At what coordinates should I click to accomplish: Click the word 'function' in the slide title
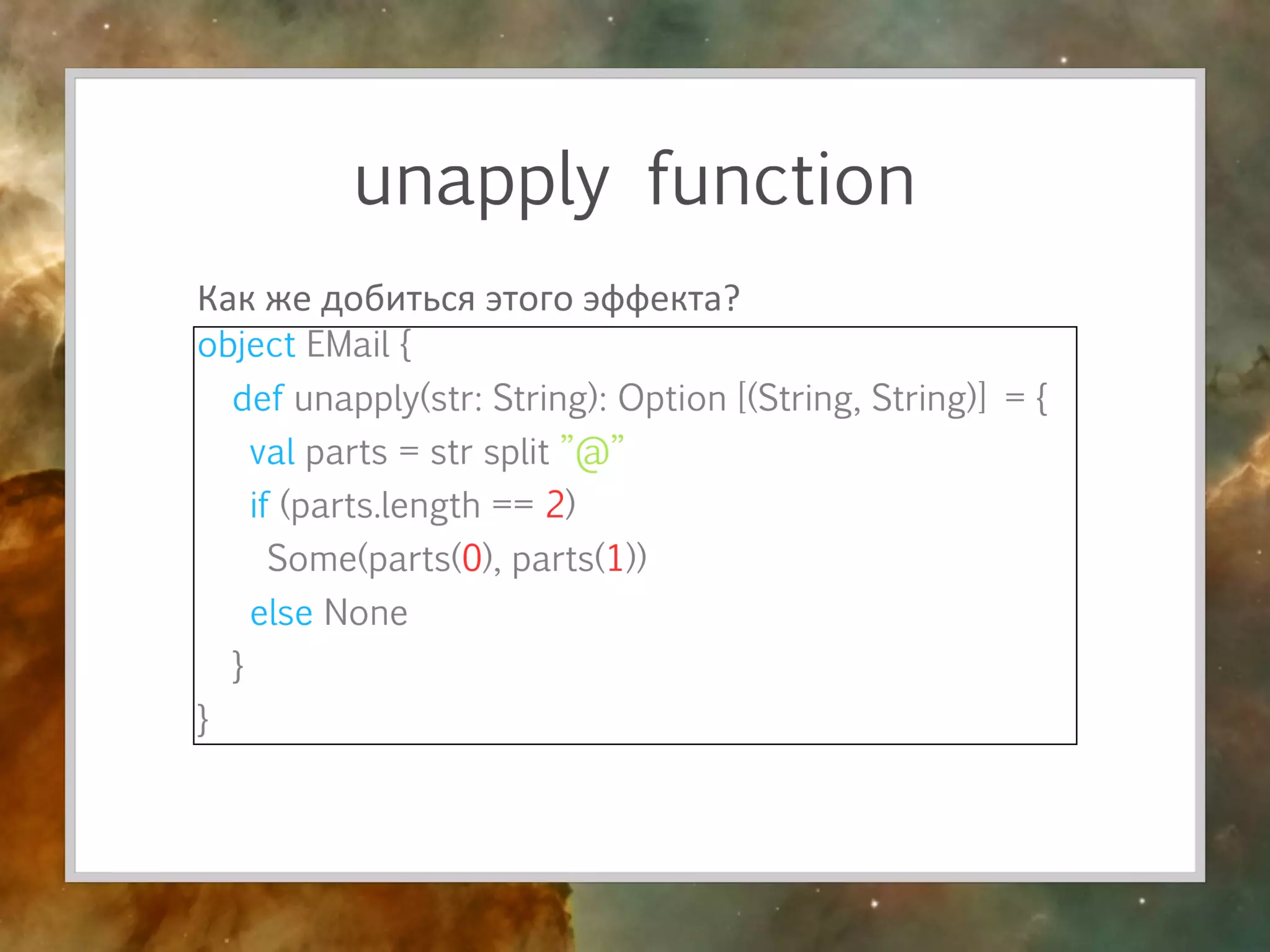click(x=781, y=181)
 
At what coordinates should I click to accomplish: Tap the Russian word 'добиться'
click(x=397, y=299)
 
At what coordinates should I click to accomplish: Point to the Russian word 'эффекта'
click(x=652, y=299)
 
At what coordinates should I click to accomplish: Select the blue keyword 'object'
click(x=246, y=345)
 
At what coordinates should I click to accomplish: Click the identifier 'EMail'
click(x=348, y=345)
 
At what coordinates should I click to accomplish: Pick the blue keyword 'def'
click(x=258, y=398)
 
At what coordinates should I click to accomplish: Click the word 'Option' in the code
click(x=672, y=398)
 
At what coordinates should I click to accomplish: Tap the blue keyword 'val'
click(x=272, y=452)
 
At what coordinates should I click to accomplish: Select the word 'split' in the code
click(x=516, y=452)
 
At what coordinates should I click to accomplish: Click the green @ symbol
click(x=592, y=453)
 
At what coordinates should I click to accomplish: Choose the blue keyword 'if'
click(x=259, y=505)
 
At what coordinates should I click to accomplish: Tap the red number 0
click(x=472, y=558)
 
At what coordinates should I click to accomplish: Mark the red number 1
click(x=615, y=558)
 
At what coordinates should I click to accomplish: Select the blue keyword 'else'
click(x=281, y=613)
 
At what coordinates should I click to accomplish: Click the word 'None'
click(x=366, y=613)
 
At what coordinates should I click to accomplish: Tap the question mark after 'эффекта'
click(x=732, y=298)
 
